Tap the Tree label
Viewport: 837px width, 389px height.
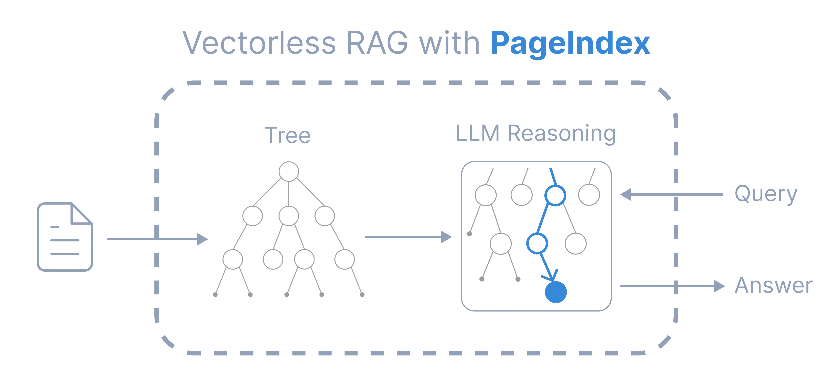[x=288, y=136]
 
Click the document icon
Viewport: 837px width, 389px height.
[x=65, y=237]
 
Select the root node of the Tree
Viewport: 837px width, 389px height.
[x=289, y=171]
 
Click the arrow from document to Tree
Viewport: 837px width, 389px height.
[x=158, y=239]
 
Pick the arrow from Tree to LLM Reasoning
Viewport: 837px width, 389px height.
[x=408, y=237]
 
